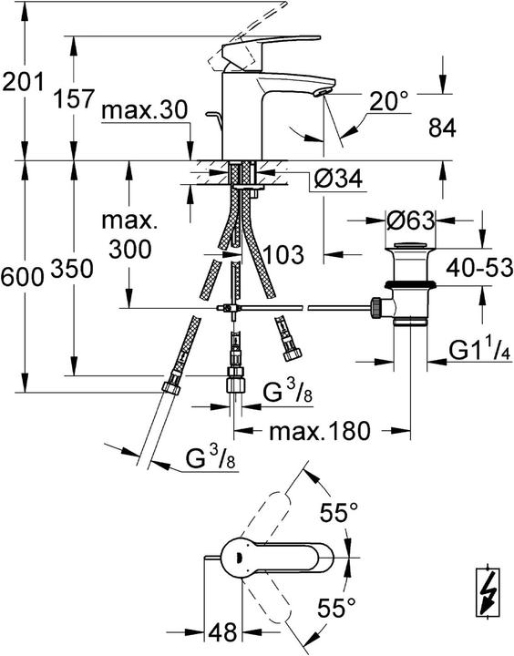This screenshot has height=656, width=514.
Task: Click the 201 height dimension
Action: (22, 84)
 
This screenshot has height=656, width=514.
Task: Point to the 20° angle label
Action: (390, 101)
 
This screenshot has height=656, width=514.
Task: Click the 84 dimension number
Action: (442, 129)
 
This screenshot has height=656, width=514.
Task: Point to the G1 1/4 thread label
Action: (482, 350)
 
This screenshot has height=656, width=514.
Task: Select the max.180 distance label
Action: (319, 431)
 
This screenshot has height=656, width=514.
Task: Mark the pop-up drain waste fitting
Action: (406, 282)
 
